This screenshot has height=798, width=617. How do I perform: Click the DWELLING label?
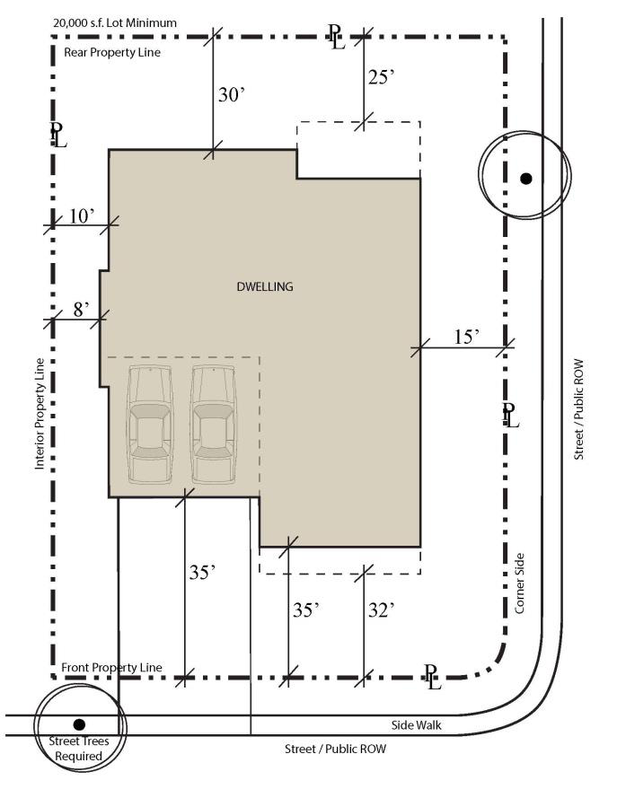point(265,286)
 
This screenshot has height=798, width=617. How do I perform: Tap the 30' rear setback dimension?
point(232,94)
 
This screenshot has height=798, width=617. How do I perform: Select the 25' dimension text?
point(382,77)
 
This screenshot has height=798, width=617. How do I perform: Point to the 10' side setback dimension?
point(82,216)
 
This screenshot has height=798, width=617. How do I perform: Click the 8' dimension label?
point(82,309)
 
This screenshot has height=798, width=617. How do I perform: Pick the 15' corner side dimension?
point(467,337)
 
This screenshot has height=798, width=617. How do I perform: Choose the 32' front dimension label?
point(382,609)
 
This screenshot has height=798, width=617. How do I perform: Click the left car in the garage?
point(150,425)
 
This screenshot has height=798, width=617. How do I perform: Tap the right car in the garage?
point(214,425)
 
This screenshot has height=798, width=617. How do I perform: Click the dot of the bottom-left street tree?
point(79,724)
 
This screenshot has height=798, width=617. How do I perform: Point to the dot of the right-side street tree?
point(526,179)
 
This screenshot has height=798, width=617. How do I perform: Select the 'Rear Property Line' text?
point(112,52)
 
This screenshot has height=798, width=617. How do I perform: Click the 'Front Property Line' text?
point(112,667)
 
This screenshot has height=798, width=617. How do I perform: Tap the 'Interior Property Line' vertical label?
point(40,414)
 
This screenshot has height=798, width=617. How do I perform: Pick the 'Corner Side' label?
point(519,583)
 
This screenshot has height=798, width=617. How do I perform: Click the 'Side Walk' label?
point(417,725)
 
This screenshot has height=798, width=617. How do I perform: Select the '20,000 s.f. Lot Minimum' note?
point(115,23)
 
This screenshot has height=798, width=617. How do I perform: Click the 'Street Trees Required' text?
point(78,749)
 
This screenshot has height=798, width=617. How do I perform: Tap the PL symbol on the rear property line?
point(336,37)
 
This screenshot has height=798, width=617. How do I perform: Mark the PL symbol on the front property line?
point(433,678)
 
